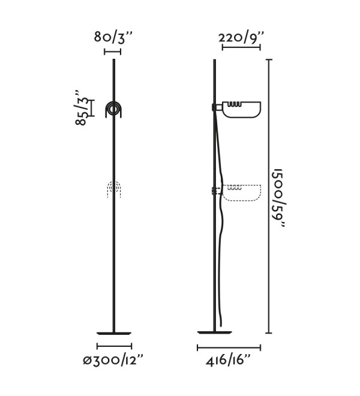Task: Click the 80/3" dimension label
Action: (x=113, y=38)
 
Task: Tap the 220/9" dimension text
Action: (x=241, y=37)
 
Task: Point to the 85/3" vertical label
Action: (x=82, y=107)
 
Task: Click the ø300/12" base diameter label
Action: (x=113, y=359)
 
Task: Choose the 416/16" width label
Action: (x=229, y=359)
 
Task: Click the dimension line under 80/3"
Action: (x=112, y=52)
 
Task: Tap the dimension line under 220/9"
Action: (x=241, y=47)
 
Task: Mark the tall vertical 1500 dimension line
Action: (x=269, y=196)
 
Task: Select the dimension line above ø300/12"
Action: (x=114, y=346)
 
